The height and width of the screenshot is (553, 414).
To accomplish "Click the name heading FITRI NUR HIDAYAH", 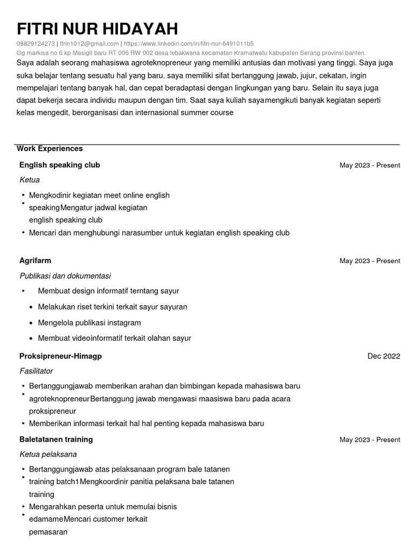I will tap(97, 29).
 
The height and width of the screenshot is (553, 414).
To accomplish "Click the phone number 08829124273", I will tap(36, 44).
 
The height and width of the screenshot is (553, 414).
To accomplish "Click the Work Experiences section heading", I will tap(50, 149).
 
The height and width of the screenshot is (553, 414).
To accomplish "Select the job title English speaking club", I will tap(59, 165).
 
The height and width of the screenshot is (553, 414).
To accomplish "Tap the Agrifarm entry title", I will tap(35, 260).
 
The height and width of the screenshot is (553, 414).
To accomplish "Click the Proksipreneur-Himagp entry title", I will tap(60, 356).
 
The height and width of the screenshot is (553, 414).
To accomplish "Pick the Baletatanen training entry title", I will tap(56, 439).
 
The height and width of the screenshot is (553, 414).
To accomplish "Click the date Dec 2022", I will tap(384, 356).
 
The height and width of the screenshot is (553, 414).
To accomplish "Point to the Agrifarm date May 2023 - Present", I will tap(370, 261).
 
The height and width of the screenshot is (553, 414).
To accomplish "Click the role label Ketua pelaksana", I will tap(48, 454).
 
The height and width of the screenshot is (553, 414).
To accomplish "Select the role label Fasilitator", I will tap(36, 371).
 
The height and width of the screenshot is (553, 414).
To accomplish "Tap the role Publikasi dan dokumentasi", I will tap(65, 275).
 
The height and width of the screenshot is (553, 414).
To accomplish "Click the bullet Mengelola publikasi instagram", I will tap(89, 322).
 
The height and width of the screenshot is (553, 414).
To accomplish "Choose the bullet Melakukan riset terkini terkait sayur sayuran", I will tap(113, 307).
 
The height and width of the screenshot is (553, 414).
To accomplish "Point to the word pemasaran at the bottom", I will tap(48, 532).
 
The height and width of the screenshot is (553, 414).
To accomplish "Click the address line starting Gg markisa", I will tap(190, 53).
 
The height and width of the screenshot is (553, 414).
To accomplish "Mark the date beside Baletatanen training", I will tap(370, 440).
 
